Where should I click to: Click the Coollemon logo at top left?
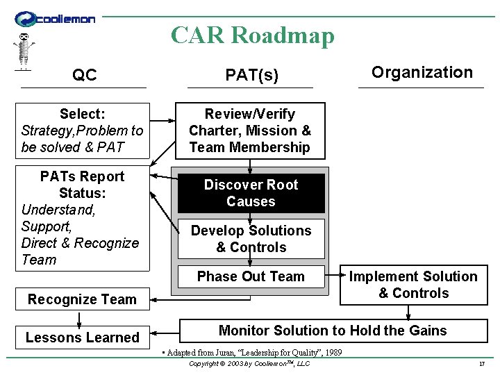tap(55, 19)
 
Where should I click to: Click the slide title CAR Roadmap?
tap(253, 35)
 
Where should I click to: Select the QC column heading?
tap(84, 76)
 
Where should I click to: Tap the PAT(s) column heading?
tap(251, 76)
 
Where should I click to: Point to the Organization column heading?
tap(422, 72)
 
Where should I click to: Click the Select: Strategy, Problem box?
tap(83, 131)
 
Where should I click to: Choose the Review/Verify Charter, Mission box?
tap(250, 131)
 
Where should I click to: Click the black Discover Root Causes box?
tap(251, 193)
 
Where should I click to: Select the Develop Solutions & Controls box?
tap(251, 239)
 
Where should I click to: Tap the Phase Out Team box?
tap(251, 276)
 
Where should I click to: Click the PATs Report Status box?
tap(83, 218)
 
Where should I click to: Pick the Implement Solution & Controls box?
tap(413, 285)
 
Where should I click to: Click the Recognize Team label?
tap(82, 299)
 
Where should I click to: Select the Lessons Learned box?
tap(83, 337)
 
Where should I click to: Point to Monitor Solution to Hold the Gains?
tap(333, 331)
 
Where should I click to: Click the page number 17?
tap(481, 365)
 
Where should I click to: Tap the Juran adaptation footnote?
tap(251, 353)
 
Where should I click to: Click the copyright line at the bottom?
tap(249, 364)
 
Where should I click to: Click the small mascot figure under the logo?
tap(24, 51)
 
